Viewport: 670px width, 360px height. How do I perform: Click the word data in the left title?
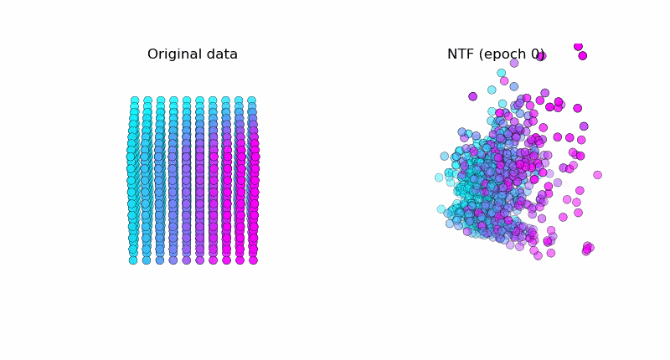pos(222,54)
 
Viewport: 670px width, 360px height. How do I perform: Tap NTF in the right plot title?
pos(462,54)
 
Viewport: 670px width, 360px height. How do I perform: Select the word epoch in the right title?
pos(506,55)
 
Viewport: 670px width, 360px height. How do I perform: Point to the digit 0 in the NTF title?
pos(537,54)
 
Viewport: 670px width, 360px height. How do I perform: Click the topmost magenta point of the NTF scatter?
pos(578,46)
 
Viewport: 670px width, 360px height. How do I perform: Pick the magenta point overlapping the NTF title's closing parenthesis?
pos(541,56)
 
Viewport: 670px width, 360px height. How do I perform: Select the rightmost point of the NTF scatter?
pos(597,175)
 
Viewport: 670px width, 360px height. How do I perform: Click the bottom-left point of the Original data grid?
pos(133,260)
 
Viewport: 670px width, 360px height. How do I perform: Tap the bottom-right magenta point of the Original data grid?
pos(253,260)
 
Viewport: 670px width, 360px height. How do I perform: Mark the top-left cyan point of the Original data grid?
pos(135,100)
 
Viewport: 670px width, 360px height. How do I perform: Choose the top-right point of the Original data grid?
pos(251,100)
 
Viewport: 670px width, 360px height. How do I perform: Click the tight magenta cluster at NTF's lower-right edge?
pos(588,248)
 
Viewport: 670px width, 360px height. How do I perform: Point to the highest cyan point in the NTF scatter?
pos(501,73)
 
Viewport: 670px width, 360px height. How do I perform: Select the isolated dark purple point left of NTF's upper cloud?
pos(473,96)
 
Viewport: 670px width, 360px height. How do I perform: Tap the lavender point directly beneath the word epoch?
pos(514,63)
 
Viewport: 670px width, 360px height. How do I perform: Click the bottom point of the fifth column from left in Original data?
pos(186,260)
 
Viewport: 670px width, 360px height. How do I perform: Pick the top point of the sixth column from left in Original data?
pos(199,100)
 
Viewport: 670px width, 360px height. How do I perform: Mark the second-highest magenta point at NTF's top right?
pos(583,56)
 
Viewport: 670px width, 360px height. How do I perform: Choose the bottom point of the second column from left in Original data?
pos(147,260)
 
